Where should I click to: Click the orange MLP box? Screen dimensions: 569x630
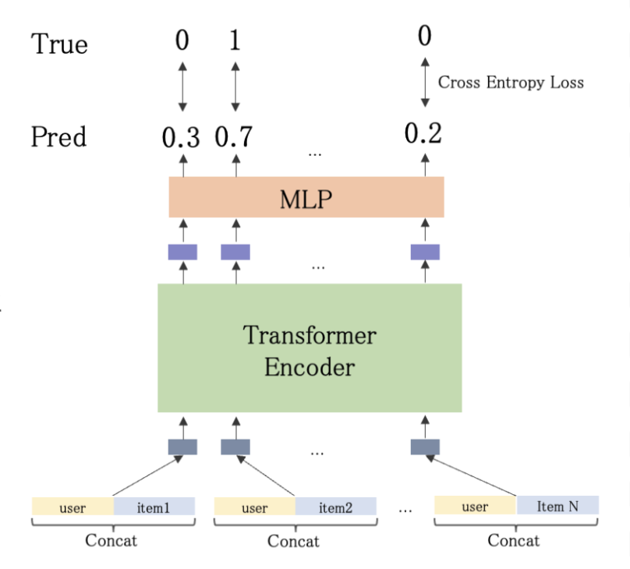[x=306, y=197]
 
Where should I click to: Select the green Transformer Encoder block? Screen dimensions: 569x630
[x=310, y=348]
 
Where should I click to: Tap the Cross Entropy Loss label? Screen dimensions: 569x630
[x=511, y=82]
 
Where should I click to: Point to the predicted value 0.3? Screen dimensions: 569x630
[x=181, y=138]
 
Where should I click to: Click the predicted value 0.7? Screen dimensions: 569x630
[x=234, y=138]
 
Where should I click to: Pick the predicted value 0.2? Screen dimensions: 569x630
[x=423, y=134]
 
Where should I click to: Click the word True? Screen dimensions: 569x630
[x=58, y=44]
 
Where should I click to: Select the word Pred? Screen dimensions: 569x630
[x=58, y=138]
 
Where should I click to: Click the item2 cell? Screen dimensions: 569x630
[x=335, y=507]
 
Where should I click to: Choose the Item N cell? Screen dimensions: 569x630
[x=557, y=506]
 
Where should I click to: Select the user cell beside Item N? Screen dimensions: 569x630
[x=475, y=506]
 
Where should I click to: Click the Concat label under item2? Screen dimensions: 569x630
[x=293, y=540]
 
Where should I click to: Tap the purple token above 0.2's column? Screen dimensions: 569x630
[x=425, y=252]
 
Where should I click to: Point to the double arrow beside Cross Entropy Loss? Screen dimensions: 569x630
[x=425, y=81]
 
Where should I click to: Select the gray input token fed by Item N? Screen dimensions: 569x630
[x=425, y=447]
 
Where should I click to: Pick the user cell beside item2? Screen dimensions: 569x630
[x=255, y=507]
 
